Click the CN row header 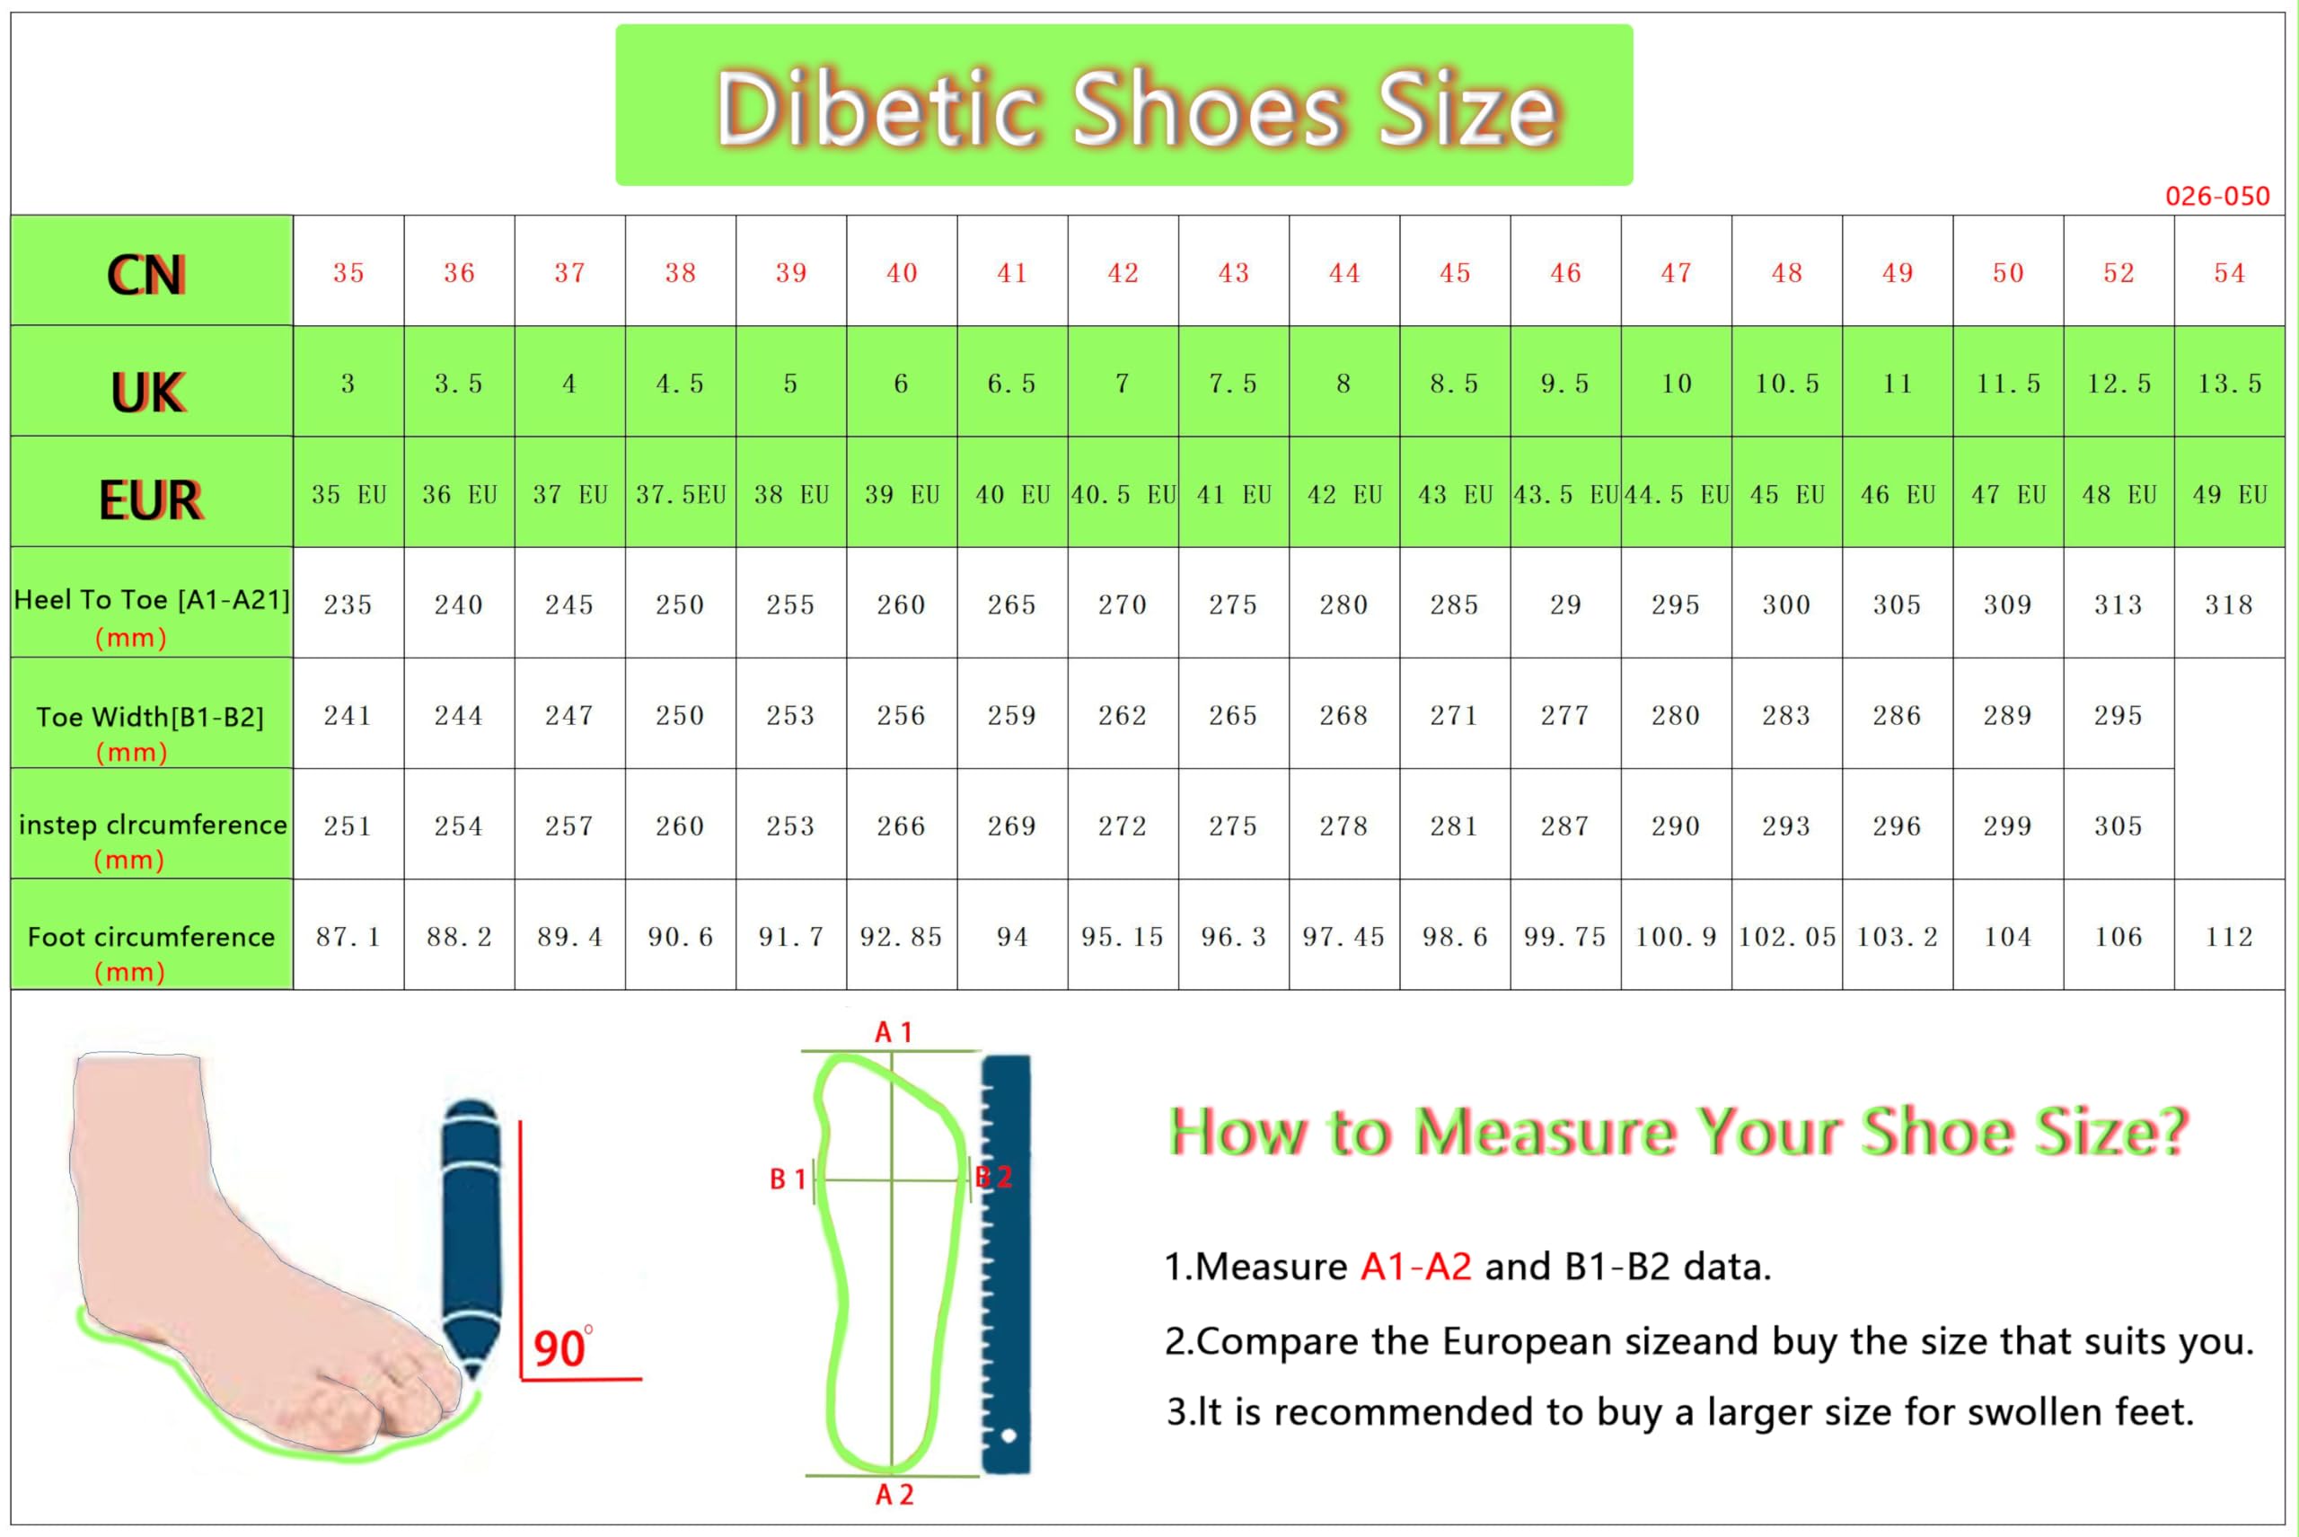[x=146, y=275]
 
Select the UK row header [x=147, y=392]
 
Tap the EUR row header [x=150, y=500]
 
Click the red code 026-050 [x=2216, y=196]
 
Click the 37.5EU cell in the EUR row [x=680, y=494]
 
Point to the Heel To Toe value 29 [x=1565, y=604]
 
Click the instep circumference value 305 [x=2118, y=826]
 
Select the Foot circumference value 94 [x=1012, y=936]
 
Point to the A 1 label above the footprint [x=894, y=1032]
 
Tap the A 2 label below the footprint [x=894, y=1495]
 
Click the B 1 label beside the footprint [x=787, y=1179]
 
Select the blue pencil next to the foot [x=471, y=1240]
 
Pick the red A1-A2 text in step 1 [x=1416, y=1267]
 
